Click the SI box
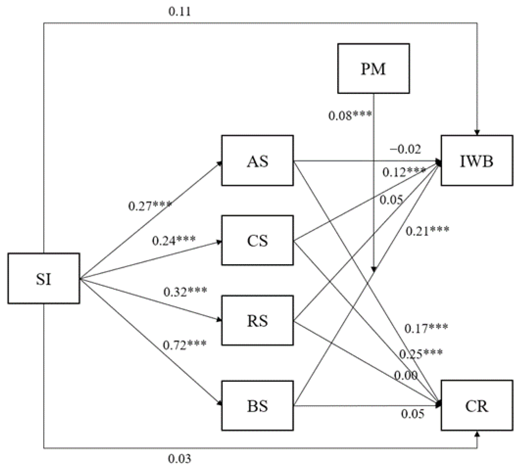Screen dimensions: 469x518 44,278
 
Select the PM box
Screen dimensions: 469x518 373,69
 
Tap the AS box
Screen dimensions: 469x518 257,161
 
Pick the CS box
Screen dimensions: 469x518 257,240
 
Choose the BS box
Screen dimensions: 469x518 257,406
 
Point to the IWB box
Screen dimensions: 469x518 477,161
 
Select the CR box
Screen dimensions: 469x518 477,406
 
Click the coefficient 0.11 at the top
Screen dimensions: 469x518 180,11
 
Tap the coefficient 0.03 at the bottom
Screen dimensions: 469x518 180,459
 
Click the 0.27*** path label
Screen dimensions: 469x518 150,206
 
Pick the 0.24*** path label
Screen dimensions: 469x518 174,240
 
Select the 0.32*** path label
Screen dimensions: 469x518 185,292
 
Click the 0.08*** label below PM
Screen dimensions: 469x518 350,115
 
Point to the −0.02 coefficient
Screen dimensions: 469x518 405,149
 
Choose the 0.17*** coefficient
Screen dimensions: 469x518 426,328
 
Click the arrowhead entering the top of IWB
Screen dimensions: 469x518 477,132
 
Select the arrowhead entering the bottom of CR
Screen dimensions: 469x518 477,434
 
